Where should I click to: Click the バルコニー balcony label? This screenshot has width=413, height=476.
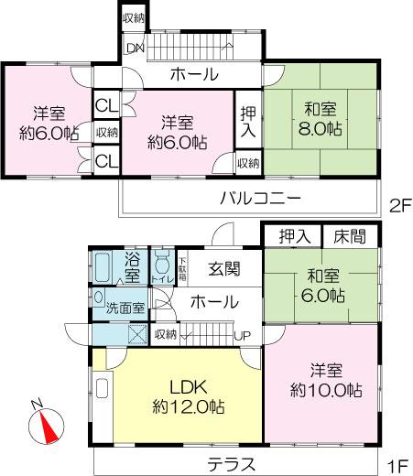[x=260, y=197]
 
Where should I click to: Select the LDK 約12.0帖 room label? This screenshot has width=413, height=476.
[x=189, y=395]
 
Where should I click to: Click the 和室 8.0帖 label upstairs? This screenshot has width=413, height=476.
[x=321, y=116]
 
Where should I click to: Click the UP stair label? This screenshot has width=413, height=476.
[x=243, y=335]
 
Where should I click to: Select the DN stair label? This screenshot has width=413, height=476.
[x=135, y=48]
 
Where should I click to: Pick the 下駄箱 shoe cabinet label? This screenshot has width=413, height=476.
[x=182, y=268]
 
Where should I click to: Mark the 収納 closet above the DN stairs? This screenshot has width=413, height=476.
[x=134, y=17]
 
